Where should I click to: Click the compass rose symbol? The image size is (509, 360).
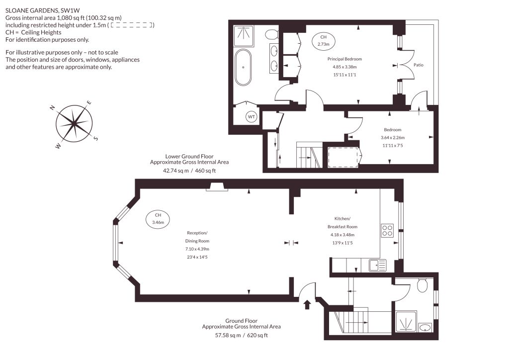pyautogui.click(x=74, y=124)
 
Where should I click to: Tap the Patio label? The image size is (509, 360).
pyautogui.click(x=419, y=65)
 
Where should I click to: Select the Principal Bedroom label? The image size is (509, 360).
pyautogui.click(x=344, y=59)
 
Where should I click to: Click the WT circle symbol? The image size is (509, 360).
pyautogui.click(x=252, y=117)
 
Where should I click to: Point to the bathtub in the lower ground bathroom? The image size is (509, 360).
pyautogui.click(x=243, y=67)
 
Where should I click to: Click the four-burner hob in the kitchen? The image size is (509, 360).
pyautogui.click(x=387, y=230)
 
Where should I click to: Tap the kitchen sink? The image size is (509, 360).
pyautogui.click(x=378, y=265)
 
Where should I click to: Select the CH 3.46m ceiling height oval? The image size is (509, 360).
pyautogui.click(x=158, y=219)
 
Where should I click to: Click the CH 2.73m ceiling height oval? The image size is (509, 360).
pyautogui.click(x=323, y=41)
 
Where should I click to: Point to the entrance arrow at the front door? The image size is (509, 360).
pyautogui.click(x=307, y=305)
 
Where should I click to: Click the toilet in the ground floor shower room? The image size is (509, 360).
pyautogui.click(x=423, y=285)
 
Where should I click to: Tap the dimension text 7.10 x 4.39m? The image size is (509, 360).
pyautogui.click(x=197, y=249)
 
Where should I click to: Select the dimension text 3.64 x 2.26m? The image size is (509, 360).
pyautogui.click(x=393, y=138)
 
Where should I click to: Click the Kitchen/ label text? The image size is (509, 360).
pyautogui.click(x=342, y=219)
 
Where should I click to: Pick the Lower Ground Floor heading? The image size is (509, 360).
pyautogui.click(x=189, y=156)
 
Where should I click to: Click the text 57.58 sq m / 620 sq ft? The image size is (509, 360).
pyautogui.click(x=242, y=335)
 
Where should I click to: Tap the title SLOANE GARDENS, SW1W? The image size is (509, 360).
pyautogui.click(x=43, y=11)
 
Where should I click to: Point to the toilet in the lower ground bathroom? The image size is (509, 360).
pyautogui.click(x=271, y=34)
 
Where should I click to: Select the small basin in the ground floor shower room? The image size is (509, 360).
pyautogui.click(x=424, y=327)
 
